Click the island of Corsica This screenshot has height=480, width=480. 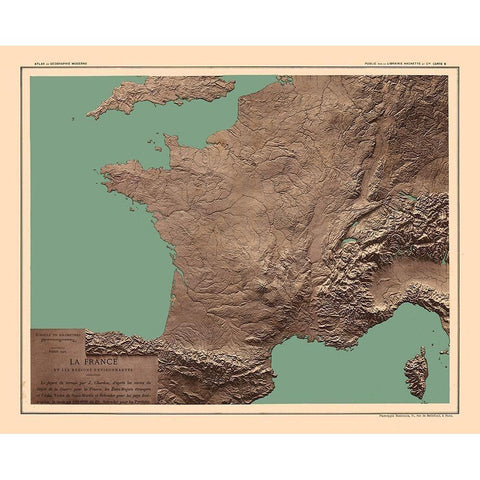415,371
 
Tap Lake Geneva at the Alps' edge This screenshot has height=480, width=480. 349,240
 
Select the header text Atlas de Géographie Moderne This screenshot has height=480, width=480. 59,65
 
